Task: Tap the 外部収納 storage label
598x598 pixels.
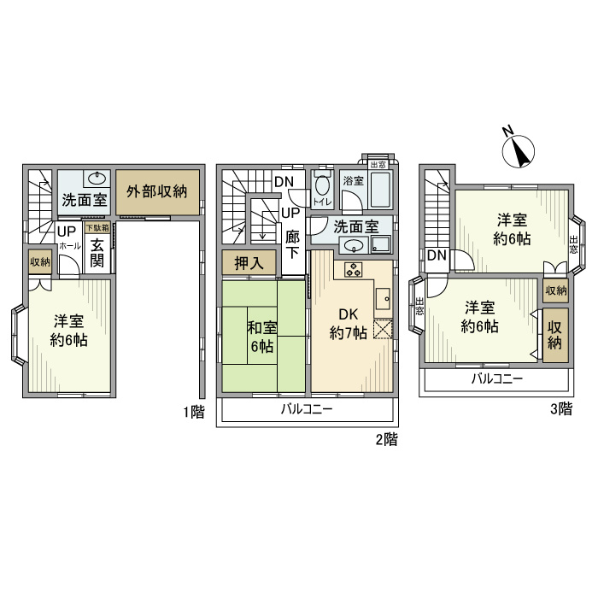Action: click(157, 191)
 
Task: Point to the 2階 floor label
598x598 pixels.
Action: click(386, 441)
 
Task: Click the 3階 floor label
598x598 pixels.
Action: click(560, 409)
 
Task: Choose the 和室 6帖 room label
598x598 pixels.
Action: click(261, 336)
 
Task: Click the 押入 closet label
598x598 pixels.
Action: click(249, 263)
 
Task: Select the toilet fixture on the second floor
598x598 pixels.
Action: click(322, 185)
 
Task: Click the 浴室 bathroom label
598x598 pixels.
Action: click(353, 181)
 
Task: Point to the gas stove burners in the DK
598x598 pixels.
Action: click(353, 270)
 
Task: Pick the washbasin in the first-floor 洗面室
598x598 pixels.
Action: click(97, 179)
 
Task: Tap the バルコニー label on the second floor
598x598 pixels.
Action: click(307, 410)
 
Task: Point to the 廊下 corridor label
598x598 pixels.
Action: click(293, 247)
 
